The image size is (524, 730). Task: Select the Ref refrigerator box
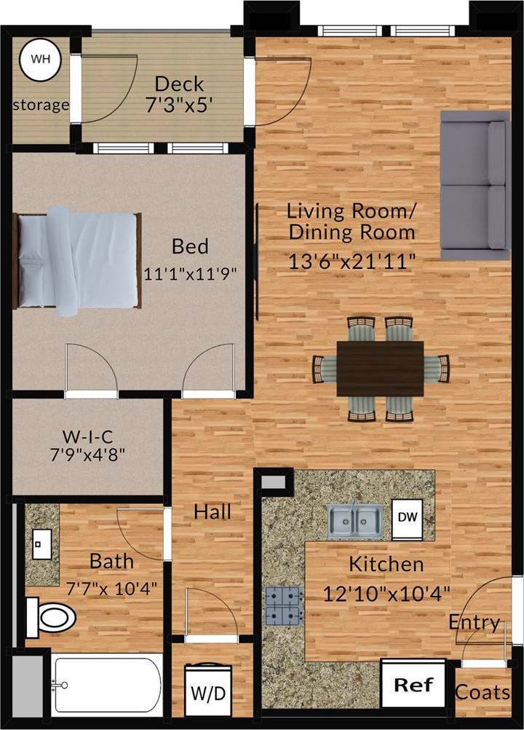coord(413,684)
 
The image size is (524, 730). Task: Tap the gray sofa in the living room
coord(475,185)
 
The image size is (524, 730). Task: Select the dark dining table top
coord(380,368)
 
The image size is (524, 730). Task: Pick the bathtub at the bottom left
coord(107,685)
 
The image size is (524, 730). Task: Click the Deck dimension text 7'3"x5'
coord(179,105)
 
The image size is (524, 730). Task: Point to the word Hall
coord(213,511)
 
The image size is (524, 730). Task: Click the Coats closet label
coord(483,691)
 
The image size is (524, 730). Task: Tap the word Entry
coord(475,623)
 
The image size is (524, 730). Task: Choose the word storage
coord(41,105)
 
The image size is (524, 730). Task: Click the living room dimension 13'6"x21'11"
coord(352,262)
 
